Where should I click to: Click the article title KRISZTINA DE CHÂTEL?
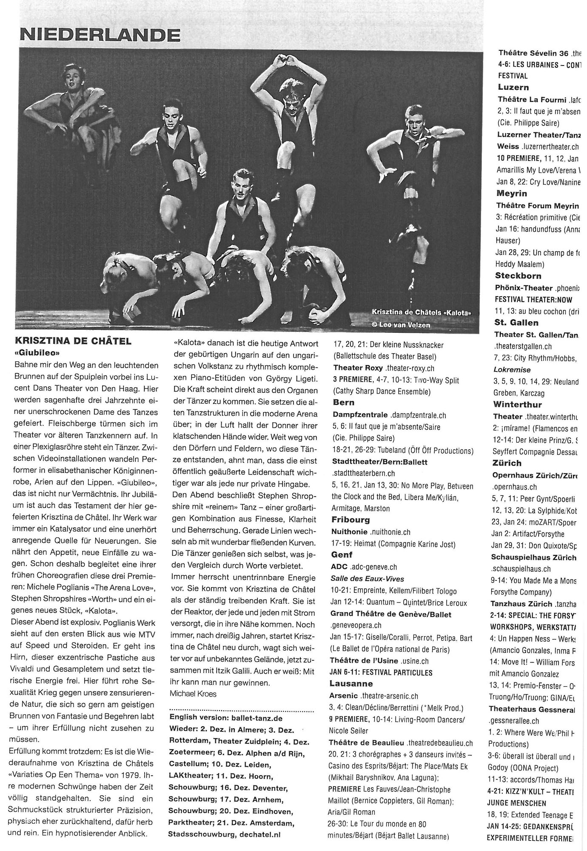pyautogui.click(x=73, y=341)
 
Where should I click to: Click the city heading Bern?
pyautogui.click(x=344, y=402)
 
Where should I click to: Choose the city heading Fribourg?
pyautogui.click(x=351, y=520)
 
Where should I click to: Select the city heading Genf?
pyautogui.click(x=342, y=554)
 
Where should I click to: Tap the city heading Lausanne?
pyautogui.click(x=351, y=683)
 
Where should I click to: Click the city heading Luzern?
pyautogui.click(x=513, y=87)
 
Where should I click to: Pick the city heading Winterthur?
pyautogui.click(x=518, y=404)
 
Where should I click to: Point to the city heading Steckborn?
pyautogui.click(x=518, y=276)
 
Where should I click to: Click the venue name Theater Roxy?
pyautogui.click(x=358, y=368)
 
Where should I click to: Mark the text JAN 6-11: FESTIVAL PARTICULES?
pyautogui.click(x=381, y=672)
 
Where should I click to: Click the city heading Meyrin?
pyautogui.click(x=512, y=193)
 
